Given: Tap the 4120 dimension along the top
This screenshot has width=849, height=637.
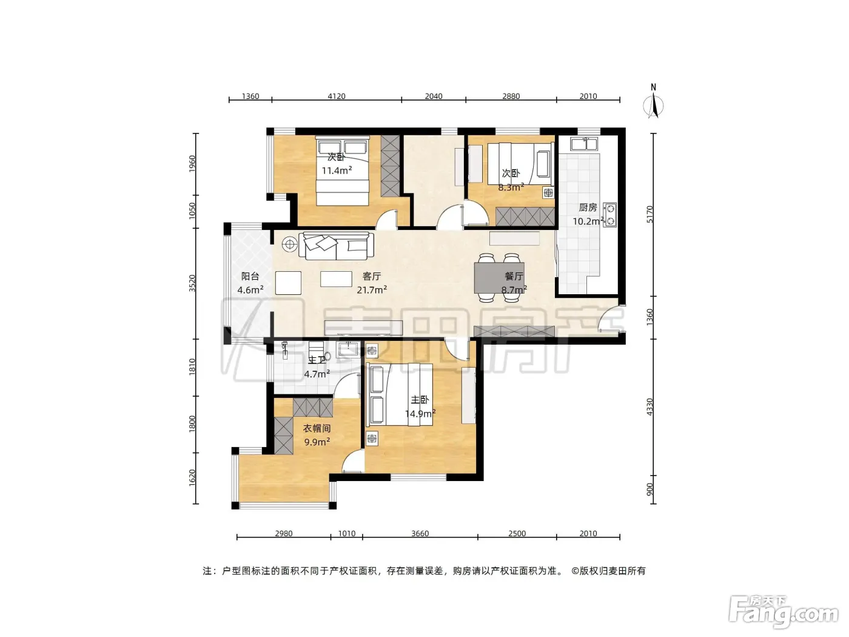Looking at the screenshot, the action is (337, 96).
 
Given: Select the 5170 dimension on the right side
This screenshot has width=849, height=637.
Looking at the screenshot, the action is (650, 214).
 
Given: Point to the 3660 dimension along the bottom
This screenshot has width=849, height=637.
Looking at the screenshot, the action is (420, 533).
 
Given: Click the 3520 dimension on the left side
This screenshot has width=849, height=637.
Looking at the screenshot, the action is (192, 283).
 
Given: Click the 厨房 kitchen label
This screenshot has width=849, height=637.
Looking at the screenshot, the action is (588, 207).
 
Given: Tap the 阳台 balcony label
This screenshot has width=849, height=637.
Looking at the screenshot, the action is (250, 276).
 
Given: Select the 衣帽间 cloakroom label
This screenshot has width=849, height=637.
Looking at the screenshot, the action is (317, 428).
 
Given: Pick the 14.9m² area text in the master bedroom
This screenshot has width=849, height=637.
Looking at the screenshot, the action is (420, 414).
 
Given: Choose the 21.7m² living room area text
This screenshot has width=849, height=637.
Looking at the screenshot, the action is (372, 289).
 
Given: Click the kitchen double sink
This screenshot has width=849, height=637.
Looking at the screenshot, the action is (584, 144).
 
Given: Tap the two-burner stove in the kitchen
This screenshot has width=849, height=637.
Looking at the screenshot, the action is (609, 215).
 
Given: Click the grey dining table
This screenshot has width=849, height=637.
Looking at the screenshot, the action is (499, 278).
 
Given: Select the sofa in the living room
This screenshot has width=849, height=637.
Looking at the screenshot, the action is (336, 246).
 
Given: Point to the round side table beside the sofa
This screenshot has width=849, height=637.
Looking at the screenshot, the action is (290, 244).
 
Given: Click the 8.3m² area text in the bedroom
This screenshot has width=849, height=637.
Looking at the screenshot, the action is (511, 187).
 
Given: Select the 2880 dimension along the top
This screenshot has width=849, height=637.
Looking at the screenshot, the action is (511, 96).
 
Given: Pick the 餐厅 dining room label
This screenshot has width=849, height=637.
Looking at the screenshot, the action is (514, 276).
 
